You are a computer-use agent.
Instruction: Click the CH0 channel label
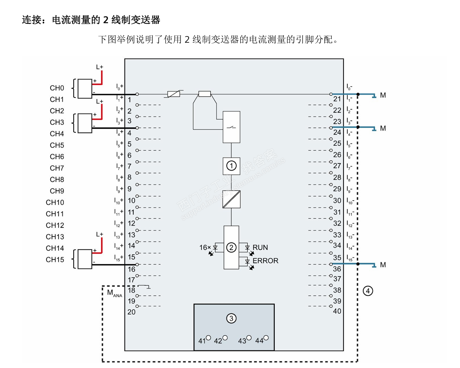57,88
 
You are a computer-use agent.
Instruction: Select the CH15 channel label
55,260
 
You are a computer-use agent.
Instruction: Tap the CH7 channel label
57,168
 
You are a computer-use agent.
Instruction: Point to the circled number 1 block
231,166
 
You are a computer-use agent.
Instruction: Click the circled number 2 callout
231,247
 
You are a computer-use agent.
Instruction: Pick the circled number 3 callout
231,319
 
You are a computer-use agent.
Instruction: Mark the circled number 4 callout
368,291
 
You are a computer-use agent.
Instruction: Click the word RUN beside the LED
260,248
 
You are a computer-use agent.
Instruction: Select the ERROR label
266,261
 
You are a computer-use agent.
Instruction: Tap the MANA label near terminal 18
114,293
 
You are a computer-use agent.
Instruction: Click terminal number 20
131,312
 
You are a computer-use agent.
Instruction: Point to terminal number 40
337,311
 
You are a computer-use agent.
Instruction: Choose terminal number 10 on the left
131,201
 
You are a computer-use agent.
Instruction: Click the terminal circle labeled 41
209,338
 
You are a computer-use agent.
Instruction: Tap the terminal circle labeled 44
266,338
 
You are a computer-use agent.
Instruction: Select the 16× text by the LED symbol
205,248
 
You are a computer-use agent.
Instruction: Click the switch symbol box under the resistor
231,127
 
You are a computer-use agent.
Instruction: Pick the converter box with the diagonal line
231,199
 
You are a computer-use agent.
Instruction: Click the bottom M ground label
383,265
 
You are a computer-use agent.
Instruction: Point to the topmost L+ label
100,67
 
